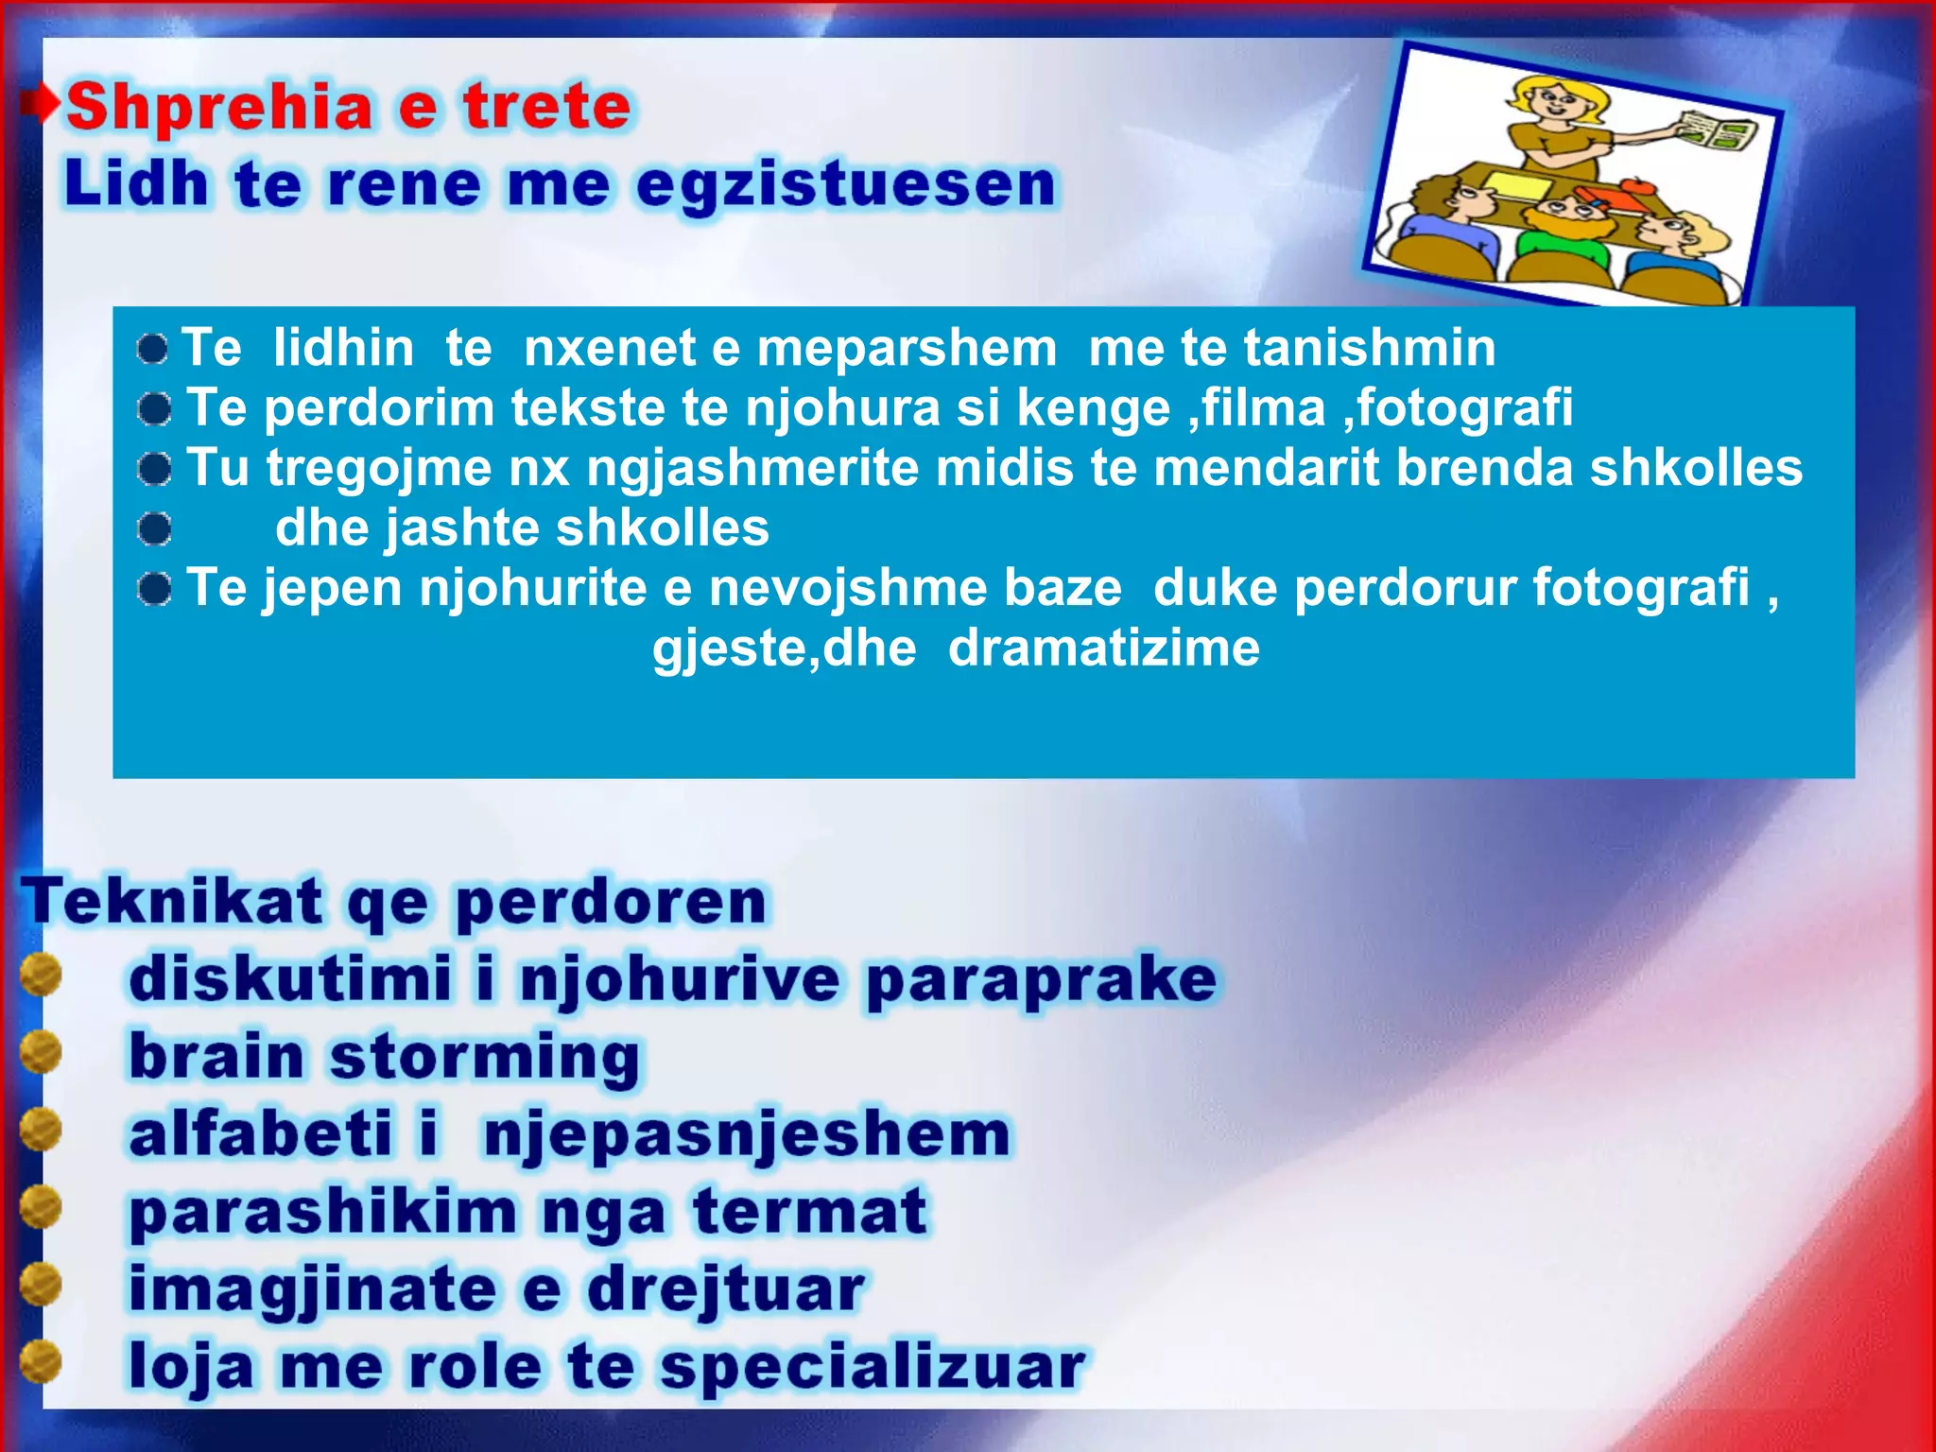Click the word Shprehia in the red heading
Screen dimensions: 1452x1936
(x=219, y=107)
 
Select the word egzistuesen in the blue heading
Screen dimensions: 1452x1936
(x=845, y=184)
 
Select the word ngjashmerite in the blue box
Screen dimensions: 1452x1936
(x=752, y=468)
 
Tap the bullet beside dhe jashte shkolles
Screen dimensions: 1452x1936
(x=154, y=529)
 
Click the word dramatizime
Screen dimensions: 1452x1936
(x=1103, y=648)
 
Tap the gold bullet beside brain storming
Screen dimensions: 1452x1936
(x=41, y=1053)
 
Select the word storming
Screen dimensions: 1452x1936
(x=484, y=1057)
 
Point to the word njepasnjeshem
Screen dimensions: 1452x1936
(x=747, y=1134)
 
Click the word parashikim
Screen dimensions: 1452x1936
(x=322, y=1213)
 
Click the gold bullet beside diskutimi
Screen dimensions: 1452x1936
(x=41, y=976)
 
